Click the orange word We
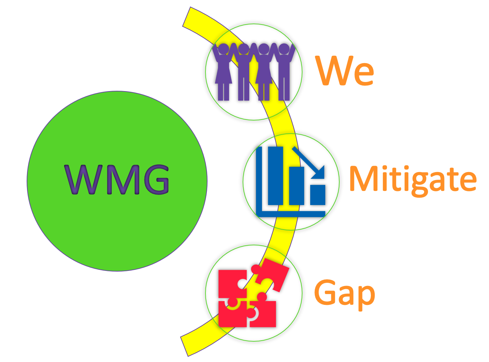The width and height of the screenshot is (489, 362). (345, 71)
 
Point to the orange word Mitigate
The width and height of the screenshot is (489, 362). (413, 179)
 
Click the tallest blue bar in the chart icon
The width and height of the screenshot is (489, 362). (275, 175)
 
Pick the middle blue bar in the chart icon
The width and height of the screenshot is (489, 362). (297, 186)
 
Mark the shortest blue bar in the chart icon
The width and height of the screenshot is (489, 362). (318, 195)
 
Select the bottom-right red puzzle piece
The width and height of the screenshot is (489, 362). (263, 314)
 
